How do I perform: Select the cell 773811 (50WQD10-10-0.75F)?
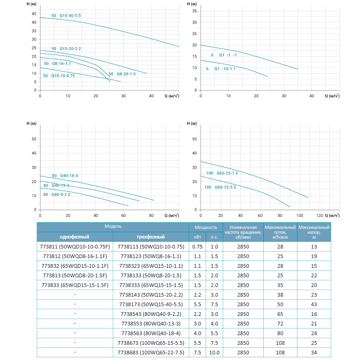(x=74, y=247)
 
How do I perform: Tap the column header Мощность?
(x=206, y=228)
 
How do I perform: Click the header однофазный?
(x=75, y=237)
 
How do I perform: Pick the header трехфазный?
(x=151, y=237)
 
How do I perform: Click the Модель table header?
(x=113, y=226)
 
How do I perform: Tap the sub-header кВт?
(x=198, y=237)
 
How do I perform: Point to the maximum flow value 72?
(x=280, y=324)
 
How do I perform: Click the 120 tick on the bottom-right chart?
(x=319, y=215)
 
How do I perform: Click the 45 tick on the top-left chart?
(x=34, y=14)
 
